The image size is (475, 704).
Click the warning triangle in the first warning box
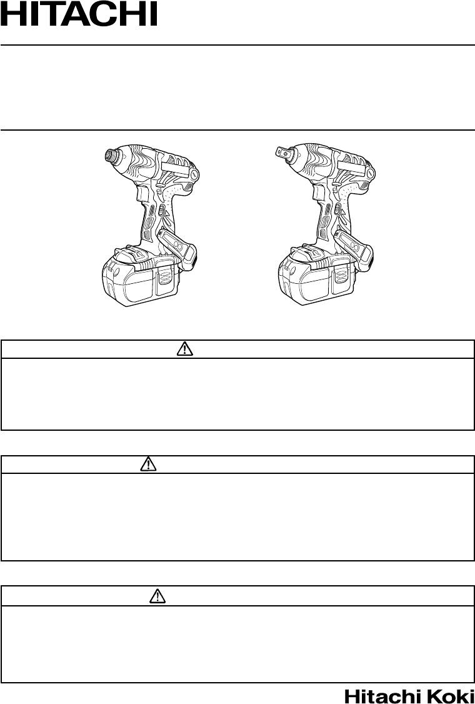coord(185,349)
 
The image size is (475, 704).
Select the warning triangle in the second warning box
coord(147,465)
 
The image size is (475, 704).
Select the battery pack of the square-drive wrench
coord(317,274)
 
